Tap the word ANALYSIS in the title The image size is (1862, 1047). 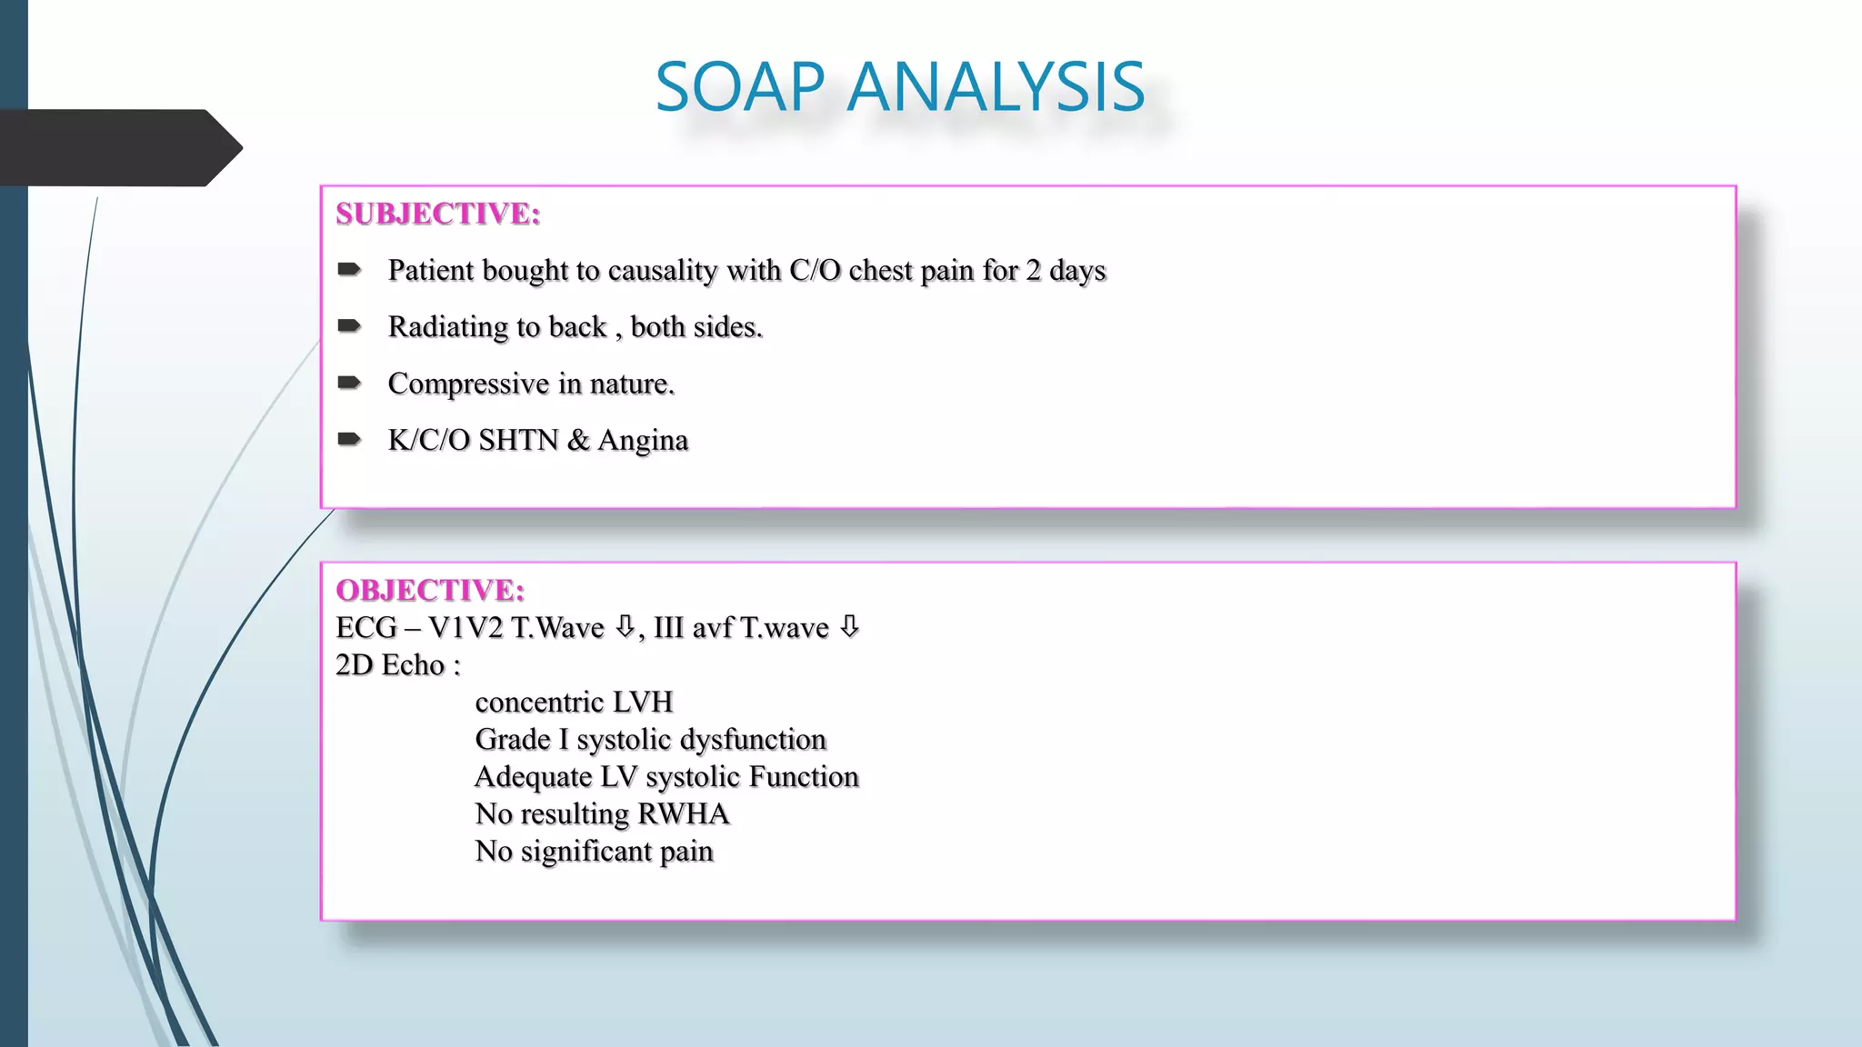[x=996, y=87]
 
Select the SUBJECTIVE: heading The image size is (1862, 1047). [x=438, y=214]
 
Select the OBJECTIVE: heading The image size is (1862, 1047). [x=430, y=590]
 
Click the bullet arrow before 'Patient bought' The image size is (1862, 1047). [x=349, y=269]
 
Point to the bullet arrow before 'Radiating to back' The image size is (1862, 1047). [x=349, y=325]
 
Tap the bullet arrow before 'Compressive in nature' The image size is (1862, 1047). [x=349, y=383]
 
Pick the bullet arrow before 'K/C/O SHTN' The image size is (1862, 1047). [x=349, y=439]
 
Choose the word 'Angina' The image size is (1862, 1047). [x=643, y=440]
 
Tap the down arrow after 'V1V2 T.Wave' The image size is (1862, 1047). [x=625, y=626]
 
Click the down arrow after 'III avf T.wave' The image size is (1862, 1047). [x=849, y=626]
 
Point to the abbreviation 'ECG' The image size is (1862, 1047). [x=366, y=627]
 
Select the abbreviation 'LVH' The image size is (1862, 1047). [x=643, y=702]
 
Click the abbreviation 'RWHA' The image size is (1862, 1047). [x=684, y=813]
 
